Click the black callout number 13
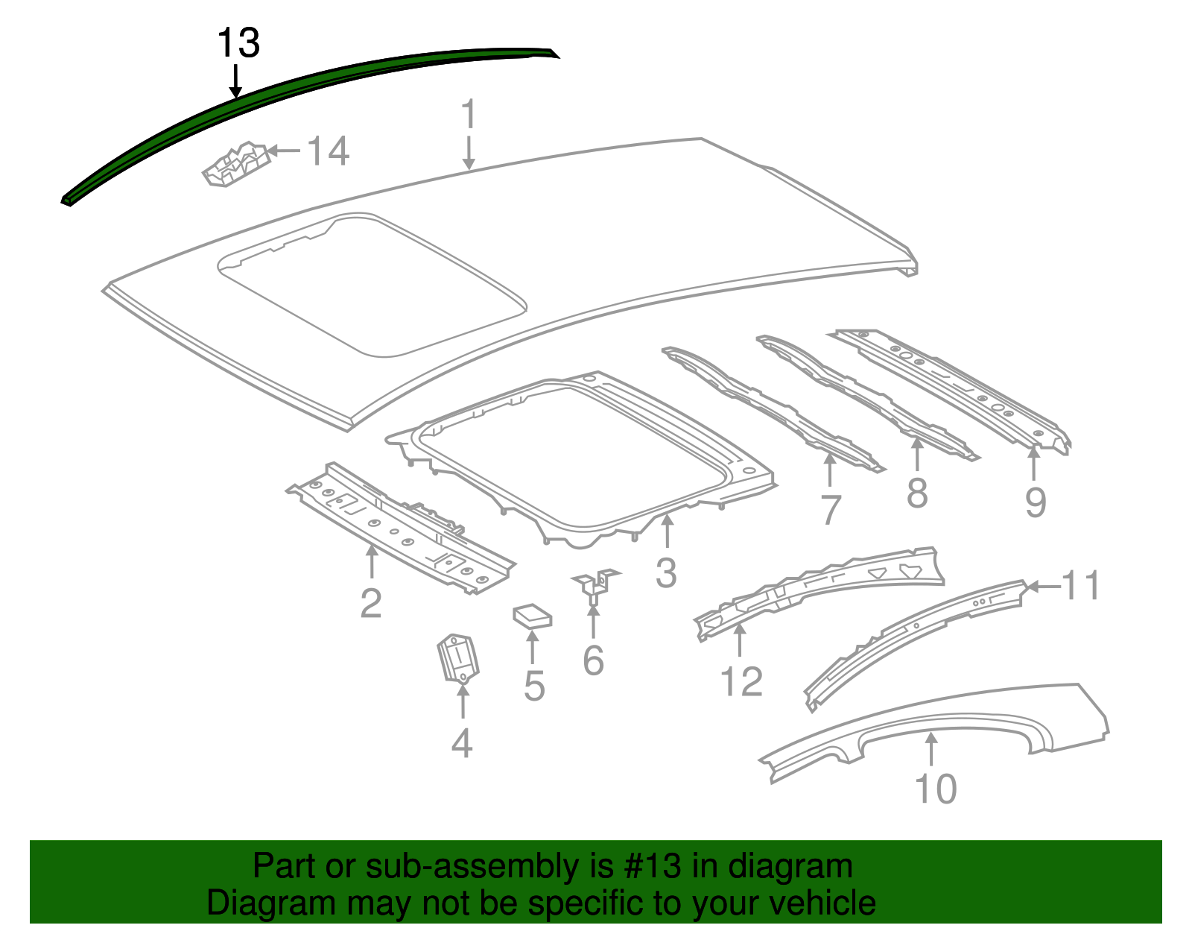[x=238, y=43]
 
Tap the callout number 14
[x=328, y=151]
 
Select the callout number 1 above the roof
[x=468, y=116]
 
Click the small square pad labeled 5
[x=532, y=616]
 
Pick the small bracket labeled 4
[x=457, y=657]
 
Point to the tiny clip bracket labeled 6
[x=595, y=585]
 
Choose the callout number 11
[x=1081, y=586]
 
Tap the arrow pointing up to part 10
[x=931, y=749]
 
